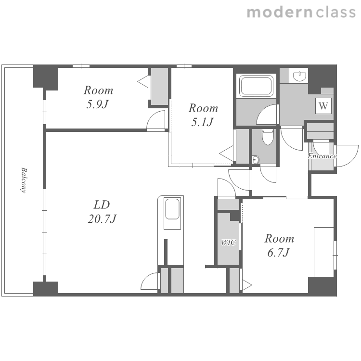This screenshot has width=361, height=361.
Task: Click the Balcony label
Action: click(24, 180)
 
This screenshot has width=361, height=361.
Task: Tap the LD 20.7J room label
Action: click(102, 212)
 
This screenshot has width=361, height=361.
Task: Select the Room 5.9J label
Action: click(98, 97)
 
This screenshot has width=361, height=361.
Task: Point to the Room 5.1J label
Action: click(203, 115)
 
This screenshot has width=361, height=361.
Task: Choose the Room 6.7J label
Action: click(279, 245)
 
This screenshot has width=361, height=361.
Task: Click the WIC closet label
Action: click(228, 243)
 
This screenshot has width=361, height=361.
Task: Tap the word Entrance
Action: click(322, 156)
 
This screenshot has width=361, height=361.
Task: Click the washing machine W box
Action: click(323, 106)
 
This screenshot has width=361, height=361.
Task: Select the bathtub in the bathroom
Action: click(256, 86)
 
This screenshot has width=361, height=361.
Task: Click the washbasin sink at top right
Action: click(299, 77)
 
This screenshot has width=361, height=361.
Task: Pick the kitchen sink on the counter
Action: click(172, 209)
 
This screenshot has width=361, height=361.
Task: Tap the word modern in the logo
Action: click(280, 13)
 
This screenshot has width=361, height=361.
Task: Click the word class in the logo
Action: click(336, 13)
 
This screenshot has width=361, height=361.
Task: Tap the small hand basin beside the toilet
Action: click(256, 159)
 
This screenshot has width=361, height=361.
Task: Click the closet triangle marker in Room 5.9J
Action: click(143, 81)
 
